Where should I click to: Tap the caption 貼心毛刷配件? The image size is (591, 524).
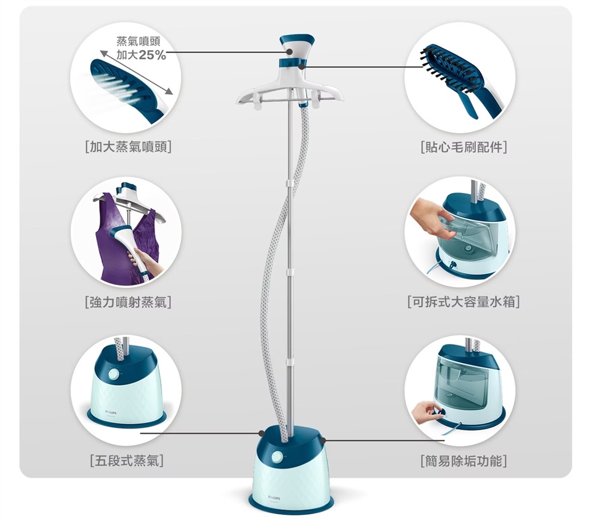[462, 147]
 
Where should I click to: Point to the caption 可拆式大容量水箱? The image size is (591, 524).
[462, 302]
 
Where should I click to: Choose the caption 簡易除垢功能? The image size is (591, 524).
[462, 460]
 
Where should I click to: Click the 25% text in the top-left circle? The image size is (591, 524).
[152, 55]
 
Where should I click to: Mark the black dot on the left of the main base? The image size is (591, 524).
[263, 433]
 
